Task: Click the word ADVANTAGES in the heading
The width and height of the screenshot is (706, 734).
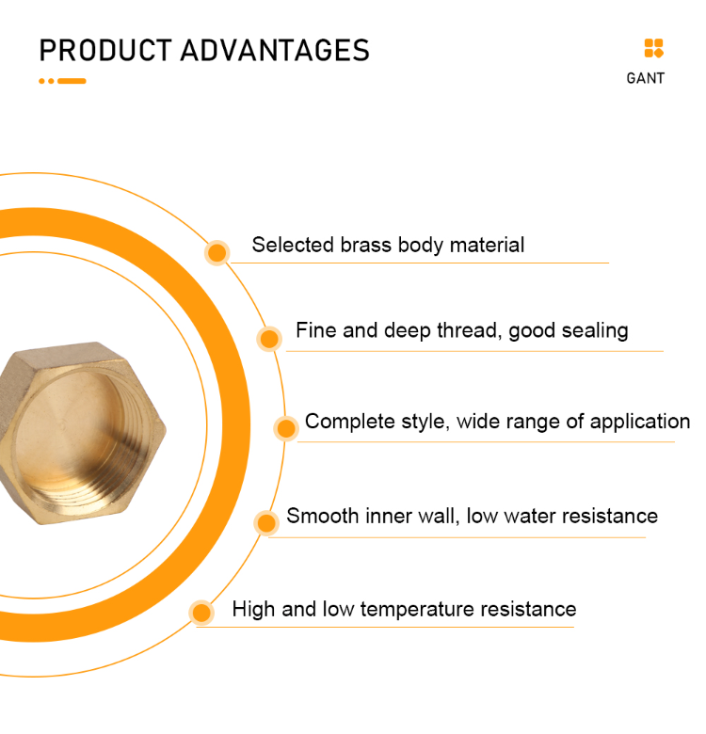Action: (275, 50)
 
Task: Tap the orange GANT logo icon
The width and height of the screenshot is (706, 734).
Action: (653, 49)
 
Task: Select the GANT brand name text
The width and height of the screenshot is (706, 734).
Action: (645, 78)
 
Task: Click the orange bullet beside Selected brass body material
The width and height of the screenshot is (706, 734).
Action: (217, 252)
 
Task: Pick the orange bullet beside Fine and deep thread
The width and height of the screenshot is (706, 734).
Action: (269, 339)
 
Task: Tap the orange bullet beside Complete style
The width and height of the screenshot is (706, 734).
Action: (286, 428)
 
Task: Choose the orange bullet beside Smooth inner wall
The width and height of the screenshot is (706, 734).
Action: (267, 522)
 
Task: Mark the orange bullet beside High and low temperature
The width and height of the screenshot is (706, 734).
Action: (201, 613)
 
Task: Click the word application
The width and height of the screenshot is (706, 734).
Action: (640, 422)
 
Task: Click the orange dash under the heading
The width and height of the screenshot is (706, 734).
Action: (72, 81)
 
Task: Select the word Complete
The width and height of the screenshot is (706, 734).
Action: (344, 422)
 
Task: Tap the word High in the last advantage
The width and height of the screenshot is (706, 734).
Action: (254, 610)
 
